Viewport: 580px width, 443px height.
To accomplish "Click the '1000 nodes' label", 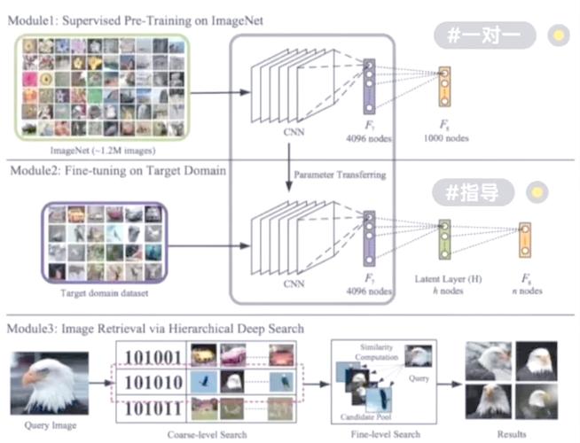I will (x=446, y=137).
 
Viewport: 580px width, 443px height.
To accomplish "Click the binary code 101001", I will (x=153, y=360).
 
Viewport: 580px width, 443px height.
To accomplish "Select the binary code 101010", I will (x=153, y=384).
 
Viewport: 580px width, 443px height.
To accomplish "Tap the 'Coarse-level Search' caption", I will (x=207, y=434).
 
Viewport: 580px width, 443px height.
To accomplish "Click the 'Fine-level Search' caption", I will (x=384, y=434).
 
